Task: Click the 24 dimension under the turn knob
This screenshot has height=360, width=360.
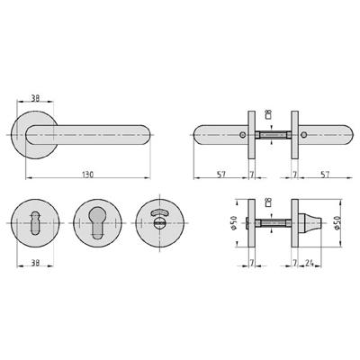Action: click(x=310, y=263)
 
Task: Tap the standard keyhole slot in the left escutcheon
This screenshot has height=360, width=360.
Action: click(x=37, y=220)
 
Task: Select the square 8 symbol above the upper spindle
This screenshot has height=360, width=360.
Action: click(x=269, y=115)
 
